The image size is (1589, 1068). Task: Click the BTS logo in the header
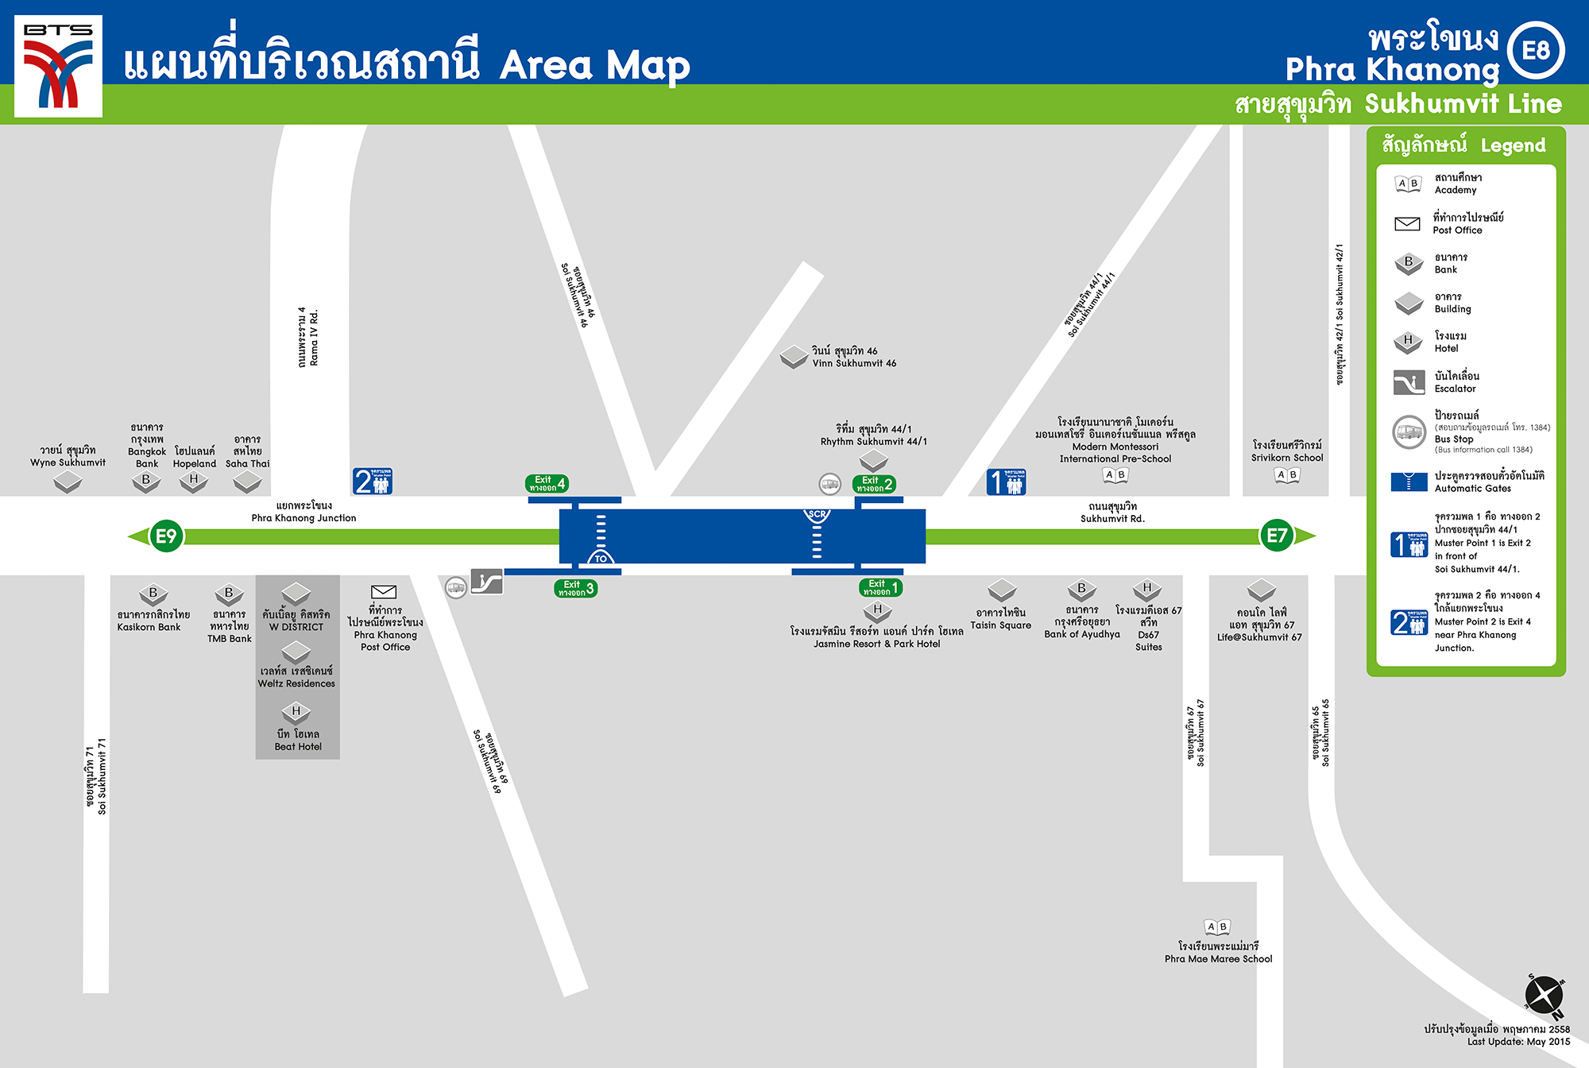point(59,66)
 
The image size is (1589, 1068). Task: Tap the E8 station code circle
point(1535,51)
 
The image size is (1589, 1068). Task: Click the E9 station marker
point(166,536)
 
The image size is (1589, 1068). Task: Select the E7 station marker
point(1276,536)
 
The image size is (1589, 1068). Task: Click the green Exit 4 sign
point(547,483)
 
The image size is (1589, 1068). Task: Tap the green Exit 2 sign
point(874,484)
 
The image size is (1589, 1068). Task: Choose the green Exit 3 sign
point(575,588)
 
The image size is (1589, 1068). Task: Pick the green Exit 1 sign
point(880,587)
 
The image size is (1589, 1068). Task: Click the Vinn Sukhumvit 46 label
point(854,357)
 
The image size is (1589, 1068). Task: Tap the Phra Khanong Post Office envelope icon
point(384,591)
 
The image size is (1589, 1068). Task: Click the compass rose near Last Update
point(1544,996)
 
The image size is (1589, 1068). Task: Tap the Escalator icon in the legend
point(1409,382)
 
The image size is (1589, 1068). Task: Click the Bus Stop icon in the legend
point(1409,431)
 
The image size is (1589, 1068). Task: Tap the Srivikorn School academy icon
point(1286,474)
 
